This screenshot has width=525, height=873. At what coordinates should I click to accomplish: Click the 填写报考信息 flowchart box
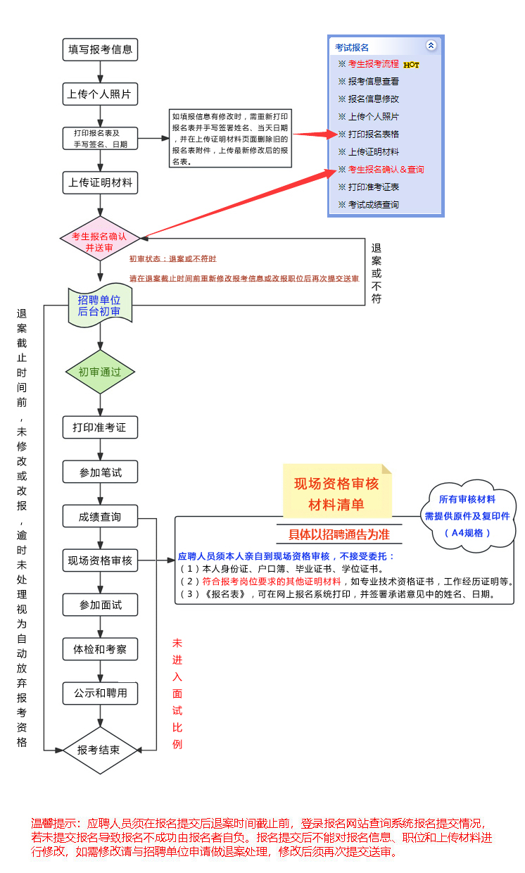100,49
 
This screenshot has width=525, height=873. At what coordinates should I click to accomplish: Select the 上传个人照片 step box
100,94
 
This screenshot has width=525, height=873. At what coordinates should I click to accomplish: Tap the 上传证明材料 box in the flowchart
100,182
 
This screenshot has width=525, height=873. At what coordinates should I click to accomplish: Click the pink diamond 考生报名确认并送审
100,237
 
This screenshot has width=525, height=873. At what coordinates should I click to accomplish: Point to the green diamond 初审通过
100,372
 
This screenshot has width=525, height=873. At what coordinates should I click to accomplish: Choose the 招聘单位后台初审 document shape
100,306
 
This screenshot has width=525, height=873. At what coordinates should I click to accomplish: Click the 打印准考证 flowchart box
100,427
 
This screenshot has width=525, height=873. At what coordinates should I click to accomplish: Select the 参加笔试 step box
100,472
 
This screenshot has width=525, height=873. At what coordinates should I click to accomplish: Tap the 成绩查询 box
100,516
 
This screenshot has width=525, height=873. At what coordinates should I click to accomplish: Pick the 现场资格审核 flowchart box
100,560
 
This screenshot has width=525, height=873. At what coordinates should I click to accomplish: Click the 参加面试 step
100,605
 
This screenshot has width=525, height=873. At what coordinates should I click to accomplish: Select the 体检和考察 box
100,648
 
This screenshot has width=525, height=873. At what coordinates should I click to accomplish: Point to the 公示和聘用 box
100,693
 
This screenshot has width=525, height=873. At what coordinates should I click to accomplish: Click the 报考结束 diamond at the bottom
99,750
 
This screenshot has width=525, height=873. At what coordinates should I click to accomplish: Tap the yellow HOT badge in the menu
412,65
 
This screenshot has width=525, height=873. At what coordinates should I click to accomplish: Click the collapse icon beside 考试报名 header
431,45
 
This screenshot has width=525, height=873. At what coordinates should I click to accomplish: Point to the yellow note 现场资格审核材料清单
336,494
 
